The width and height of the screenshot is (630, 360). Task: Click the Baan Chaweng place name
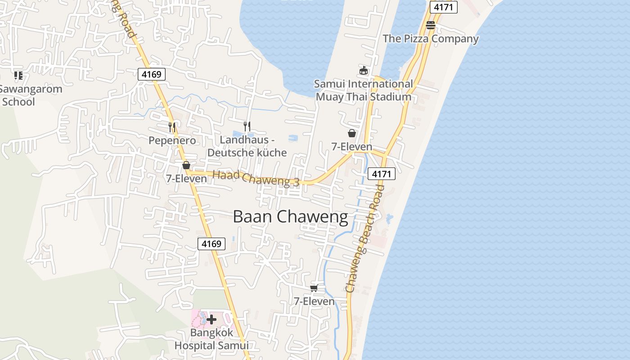point(290,217)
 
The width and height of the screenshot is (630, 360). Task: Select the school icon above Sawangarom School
point(18,76)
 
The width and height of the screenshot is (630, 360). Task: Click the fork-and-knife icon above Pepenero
point(172,127)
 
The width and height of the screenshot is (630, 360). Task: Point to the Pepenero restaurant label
point(172,141)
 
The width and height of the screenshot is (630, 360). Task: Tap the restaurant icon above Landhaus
point(247,126)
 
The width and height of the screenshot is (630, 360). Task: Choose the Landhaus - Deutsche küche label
point(247,146)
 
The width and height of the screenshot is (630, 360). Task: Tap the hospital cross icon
point(211,319)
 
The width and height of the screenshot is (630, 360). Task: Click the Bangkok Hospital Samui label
point(211,339)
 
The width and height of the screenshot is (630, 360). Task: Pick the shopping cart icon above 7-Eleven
point(314,288)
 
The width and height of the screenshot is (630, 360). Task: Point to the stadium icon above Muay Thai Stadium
point(364,71)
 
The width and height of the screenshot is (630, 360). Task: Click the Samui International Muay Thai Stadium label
point(364,90)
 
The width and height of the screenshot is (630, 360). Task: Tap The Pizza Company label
point(431,39)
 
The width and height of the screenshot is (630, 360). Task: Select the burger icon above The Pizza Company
point(431,25)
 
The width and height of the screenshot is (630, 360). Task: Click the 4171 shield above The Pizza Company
point(443,7)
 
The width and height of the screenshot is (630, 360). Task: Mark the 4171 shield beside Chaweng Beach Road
point(382,174)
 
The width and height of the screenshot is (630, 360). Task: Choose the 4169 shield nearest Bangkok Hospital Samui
point(211,244)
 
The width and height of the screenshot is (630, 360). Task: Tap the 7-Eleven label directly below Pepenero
point(186,179)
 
